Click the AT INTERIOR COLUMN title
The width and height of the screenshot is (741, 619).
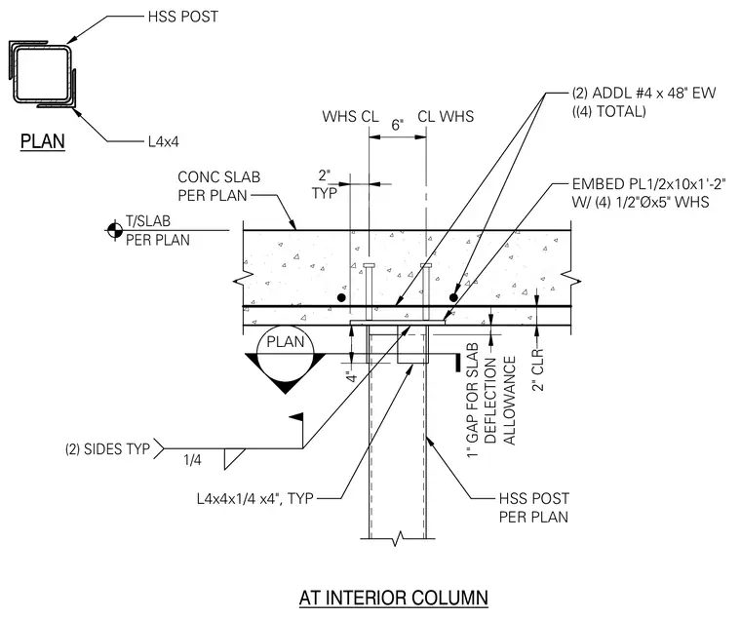click(x=394, y=598)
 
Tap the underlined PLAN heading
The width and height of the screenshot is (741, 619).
click(x=43, y=141)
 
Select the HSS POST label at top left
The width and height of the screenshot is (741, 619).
click(x=183, y=17)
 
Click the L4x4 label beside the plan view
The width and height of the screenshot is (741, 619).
click(x=164, y=141)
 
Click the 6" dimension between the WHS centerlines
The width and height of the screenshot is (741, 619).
click(x=398, y=125)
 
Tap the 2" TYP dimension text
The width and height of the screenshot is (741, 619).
click(x=325, y=184)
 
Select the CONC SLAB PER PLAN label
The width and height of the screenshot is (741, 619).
click(x=218, y=186)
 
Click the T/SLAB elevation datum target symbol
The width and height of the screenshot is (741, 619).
click(x=114, y=230)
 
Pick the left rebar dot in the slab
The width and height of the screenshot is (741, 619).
click(x=341, y=297)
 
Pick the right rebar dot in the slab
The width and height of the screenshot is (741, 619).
click(x=453, y=297)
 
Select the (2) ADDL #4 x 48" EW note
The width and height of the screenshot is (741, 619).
click(x=643, y=102)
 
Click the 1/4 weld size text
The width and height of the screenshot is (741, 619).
click(x=192, y=460)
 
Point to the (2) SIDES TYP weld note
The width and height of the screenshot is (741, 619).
click(x=108, y=448)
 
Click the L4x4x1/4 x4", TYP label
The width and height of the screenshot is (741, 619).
click(x=255, y=498)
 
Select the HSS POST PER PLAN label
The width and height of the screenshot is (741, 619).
click(x=534, y=508)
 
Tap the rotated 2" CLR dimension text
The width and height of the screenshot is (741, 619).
click(x=539, y=370)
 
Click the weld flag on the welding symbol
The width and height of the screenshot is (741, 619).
click(x=297, y=417)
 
